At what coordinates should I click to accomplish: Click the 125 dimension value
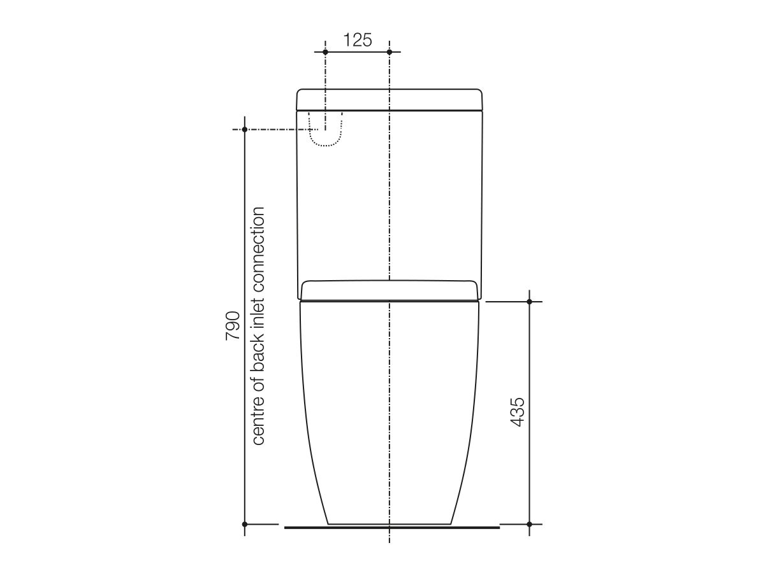coord(357,40)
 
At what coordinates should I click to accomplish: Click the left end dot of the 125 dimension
coord(325,52)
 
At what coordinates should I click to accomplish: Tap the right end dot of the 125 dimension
coord(390,52)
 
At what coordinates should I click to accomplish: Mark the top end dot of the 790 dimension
coord(245,129)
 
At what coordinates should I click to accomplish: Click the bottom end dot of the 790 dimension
coord(245,524)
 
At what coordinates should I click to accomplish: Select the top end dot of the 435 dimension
coord(529,301)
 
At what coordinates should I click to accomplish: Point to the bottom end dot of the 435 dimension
coord(529,524)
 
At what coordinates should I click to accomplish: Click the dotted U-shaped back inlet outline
coord(326,144)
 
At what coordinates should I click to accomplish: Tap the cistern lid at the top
coord(390,99)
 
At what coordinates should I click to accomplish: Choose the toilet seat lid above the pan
coord(390,290)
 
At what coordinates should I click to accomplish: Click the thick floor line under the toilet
coord(391,527)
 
